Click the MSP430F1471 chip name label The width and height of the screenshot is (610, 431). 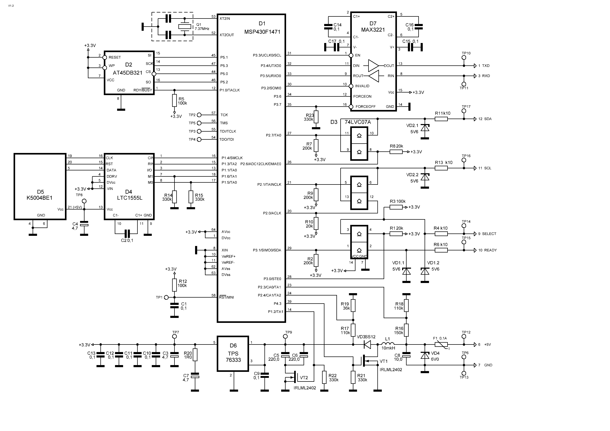262,32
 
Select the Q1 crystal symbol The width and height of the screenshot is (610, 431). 184,26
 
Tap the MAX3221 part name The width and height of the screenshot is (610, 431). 373,30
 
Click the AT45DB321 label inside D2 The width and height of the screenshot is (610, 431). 128,73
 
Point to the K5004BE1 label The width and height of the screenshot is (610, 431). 40,198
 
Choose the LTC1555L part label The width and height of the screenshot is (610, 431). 129,198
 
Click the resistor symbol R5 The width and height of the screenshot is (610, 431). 174,100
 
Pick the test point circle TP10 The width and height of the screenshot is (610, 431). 464,57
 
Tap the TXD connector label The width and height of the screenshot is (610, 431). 486,66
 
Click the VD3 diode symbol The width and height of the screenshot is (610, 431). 367,344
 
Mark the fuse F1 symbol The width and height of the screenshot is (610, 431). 441,344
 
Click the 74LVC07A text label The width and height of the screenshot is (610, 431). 358,122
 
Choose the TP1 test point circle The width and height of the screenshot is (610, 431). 166,297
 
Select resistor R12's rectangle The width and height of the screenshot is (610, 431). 174,285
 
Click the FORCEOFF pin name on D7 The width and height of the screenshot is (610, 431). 366,106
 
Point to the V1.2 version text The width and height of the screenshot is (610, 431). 11,5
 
